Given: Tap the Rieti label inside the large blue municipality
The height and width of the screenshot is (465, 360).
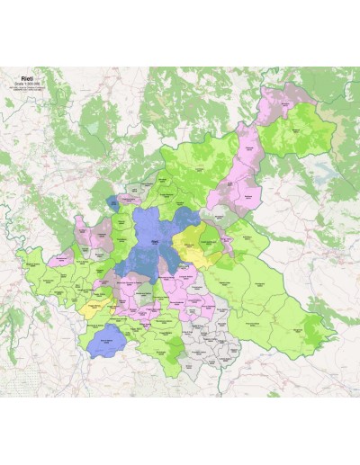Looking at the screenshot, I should pos(154,241).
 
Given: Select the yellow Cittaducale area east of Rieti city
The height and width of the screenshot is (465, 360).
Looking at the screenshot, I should pos(193,243).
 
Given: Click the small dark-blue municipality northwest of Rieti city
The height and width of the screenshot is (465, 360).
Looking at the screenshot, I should pos(112,203).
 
